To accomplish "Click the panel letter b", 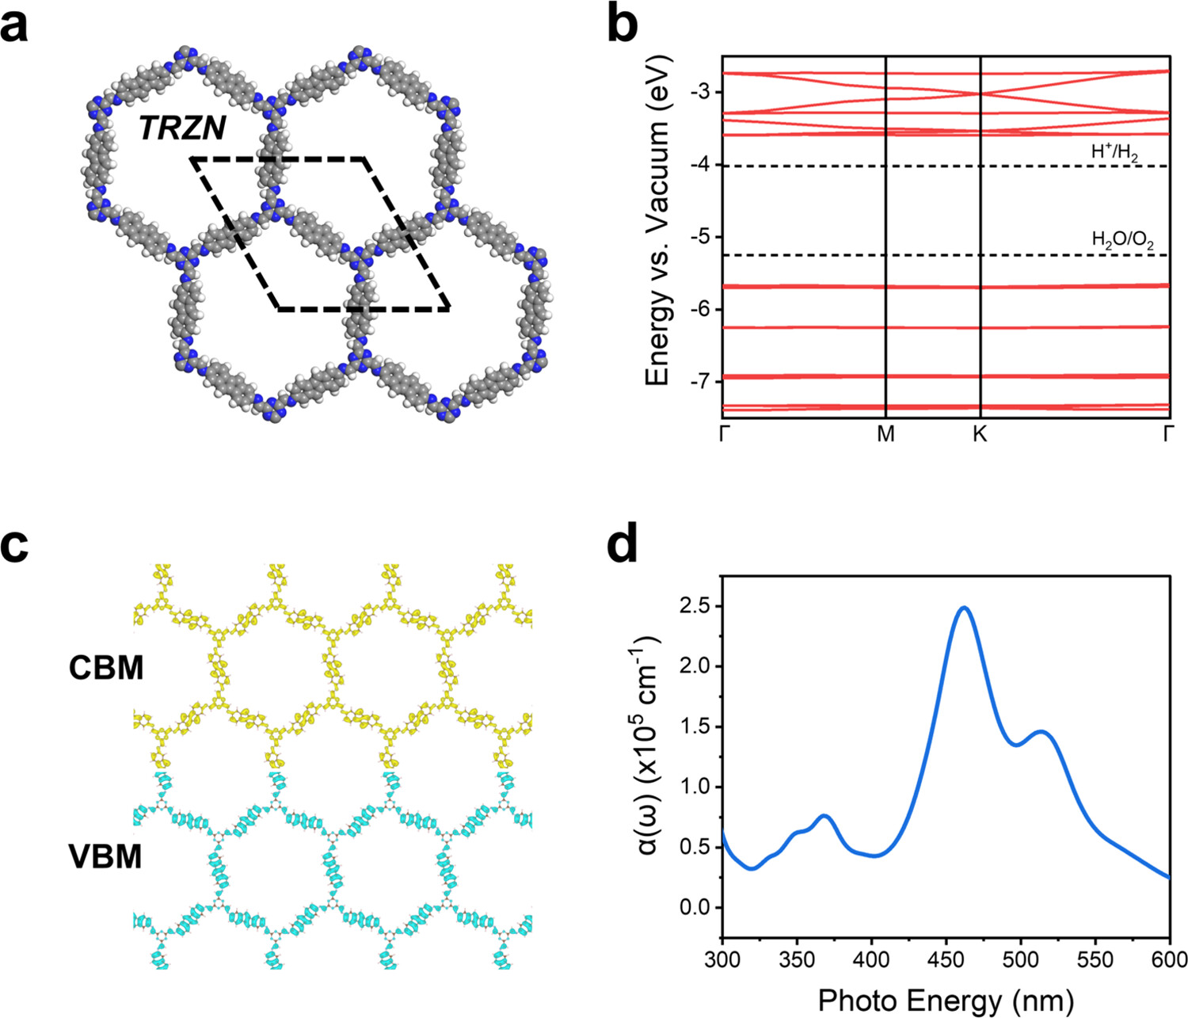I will click(x=622, y=29).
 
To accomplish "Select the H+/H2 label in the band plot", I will click(x=1114, y=153).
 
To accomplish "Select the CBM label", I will click(x=105, y=668).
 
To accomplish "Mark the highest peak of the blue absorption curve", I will click(x=964, y=608).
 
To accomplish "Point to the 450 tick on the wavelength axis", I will click(x=946, y=960).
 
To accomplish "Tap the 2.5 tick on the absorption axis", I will click(x=695, y=607).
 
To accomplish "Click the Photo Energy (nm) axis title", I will click(x=946, y=1000).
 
